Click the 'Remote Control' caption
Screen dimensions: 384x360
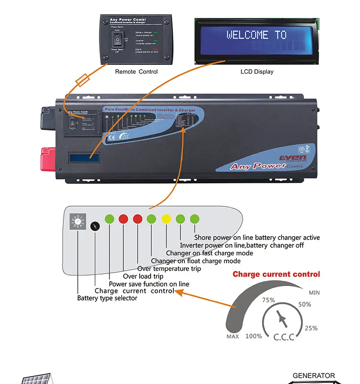(136, 72)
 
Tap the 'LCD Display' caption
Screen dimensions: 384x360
(257, 72)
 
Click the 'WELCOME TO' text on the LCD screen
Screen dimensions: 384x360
(256, 35)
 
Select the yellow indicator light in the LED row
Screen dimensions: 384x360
(166, 219)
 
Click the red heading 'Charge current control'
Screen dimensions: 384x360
(276, 274)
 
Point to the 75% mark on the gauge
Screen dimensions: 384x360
(268, 300)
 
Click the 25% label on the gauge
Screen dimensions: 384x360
(311, 328)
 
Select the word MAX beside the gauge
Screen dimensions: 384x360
(232, 336)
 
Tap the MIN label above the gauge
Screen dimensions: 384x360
(314, 292)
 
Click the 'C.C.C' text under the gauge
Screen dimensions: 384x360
(284, 337)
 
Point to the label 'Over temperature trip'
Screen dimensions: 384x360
(169, 269)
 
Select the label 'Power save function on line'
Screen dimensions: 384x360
(149, 284)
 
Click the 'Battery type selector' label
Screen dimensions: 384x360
(107, 298)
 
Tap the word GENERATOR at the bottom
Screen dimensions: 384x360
(314, 375)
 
